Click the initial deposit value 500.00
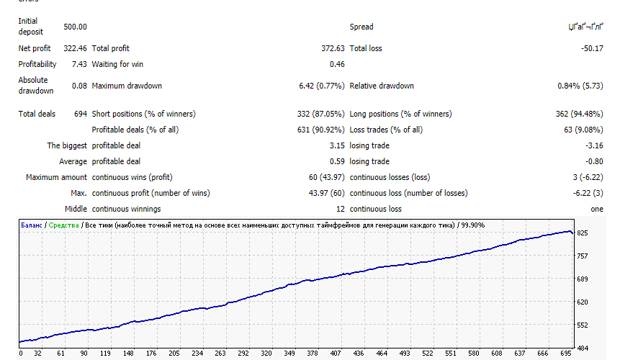click(x=75, y=27)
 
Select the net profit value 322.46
click(x=75, y=48)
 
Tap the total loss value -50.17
click(x=592, y=48)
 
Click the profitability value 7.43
click(x=79, y=64)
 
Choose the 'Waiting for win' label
click(x=118, y=64)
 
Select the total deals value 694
click(x=80, y=114)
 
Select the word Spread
click(x=361, y=27)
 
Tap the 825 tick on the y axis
click(x=583, y=233)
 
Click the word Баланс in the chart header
click(x=30, y=225)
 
